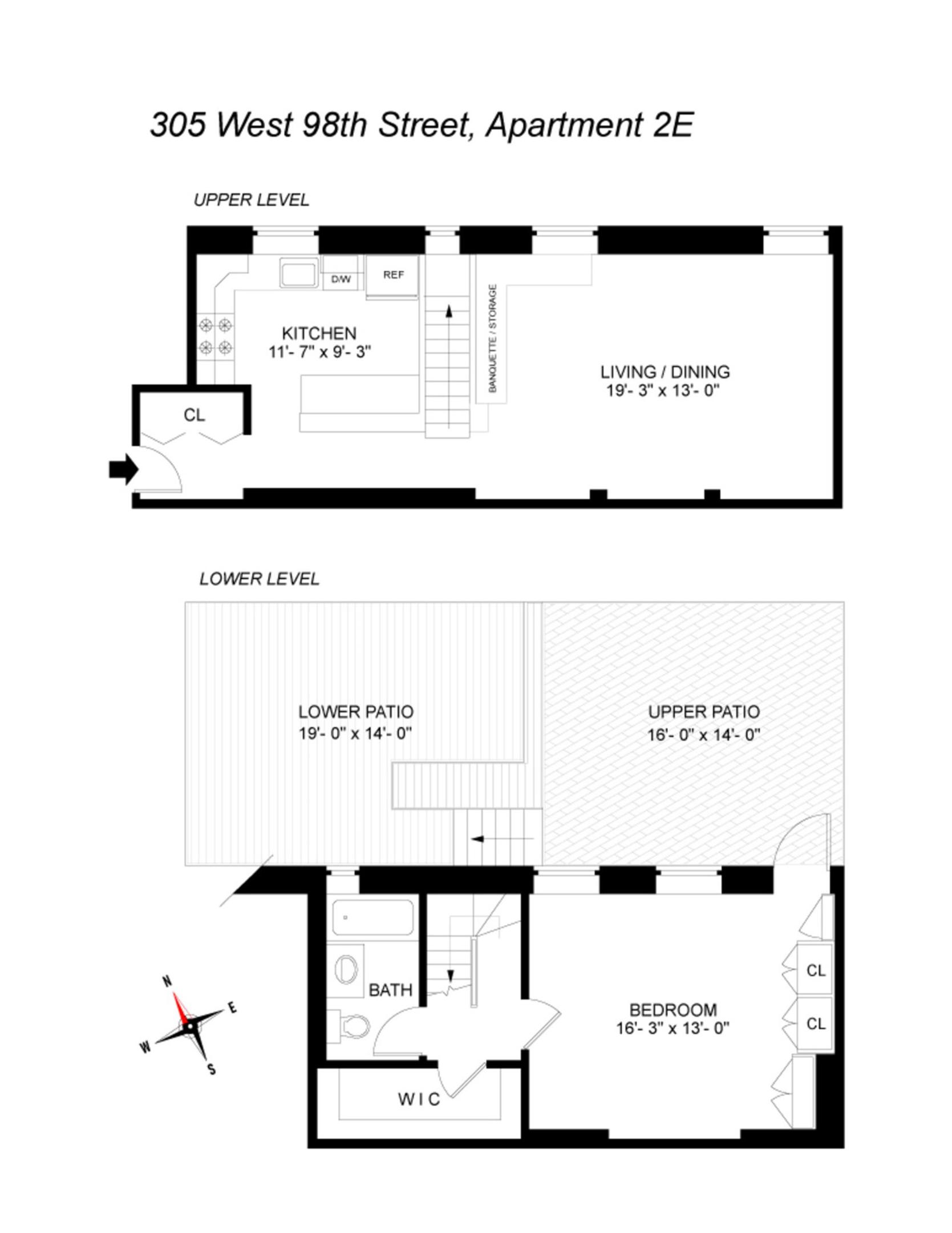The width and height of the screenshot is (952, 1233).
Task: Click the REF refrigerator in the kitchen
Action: click(x=393, y=276)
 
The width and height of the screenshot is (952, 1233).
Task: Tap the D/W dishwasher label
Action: click(x=341, y=279)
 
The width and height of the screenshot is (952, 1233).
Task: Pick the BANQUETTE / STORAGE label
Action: click(x=493, y=338)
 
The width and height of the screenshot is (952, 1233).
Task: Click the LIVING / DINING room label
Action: click(x=665, y=372)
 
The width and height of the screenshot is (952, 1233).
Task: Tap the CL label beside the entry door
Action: click(x=194, y=415)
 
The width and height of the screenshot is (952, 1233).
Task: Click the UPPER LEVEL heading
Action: click(x=251, y=200)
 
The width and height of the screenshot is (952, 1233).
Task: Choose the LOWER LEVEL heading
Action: click(x=259, y=579)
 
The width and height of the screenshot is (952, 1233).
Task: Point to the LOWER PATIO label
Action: click(x=356, y=712)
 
